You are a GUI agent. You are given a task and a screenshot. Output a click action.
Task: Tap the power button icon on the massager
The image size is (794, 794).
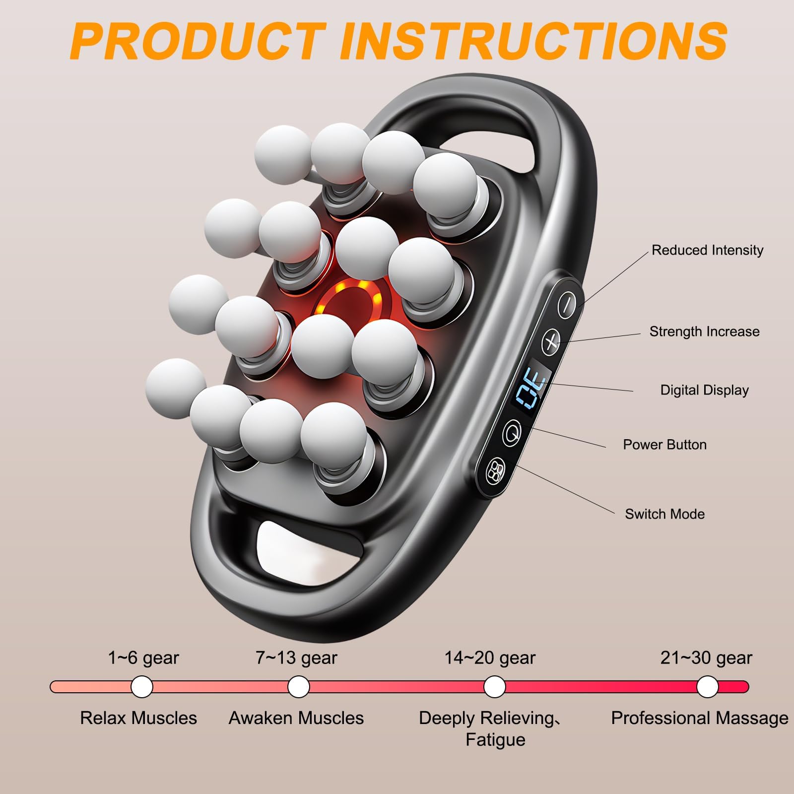(x=512, y=432)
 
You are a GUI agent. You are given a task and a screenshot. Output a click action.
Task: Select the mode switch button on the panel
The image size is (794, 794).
(x=495, y=470)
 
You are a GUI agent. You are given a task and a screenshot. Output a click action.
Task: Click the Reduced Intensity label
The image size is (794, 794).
(x=707, y=250)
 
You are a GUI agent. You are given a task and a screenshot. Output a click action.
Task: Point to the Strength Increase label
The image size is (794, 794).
(x=704, y=331)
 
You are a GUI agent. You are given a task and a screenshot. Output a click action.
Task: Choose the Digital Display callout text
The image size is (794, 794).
(x=704, y=390)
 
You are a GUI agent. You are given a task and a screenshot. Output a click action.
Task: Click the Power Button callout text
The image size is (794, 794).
(x=664, y=445)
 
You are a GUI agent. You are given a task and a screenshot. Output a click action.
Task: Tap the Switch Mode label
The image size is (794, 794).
(x=664, y=514)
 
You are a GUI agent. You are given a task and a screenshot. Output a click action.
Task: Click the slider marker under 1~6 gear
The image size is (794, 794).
(x=142, y=687)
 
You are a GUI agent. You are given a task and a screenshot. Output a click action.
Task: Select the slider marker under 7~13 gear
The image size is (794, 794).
(x=298, y=687)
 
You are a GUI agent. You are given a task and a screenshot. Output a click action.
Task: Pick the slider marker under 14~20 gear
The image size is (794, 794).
(x=494, y=687)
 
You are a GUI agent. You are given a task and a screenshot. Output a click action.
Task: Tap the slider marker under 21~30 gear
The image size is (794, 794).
(x=707, y=687)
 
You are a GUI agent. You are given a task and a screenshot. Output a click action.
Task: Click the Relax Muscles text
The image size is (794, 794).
(x=138, y=718)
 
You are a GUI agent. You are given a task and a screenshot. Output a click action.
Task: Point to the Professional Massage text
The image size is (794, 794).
(x=699, y=718)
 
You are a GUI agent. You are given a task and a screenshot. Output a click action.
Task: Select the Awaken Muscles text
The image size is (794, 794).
(x=296, y=718)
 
